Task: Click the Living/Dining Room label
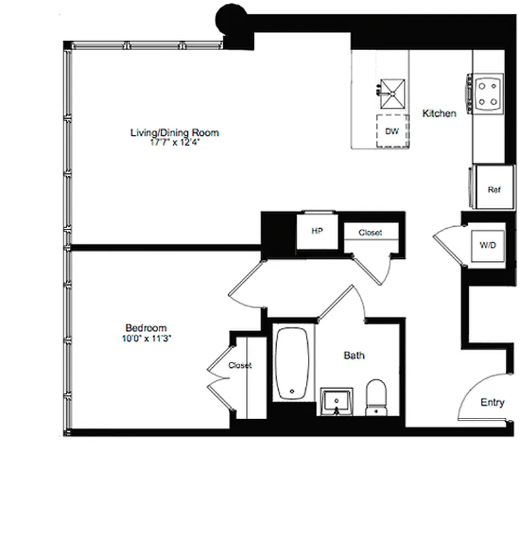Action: coord(174,132)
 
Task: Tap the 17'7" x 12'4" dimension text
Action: coord(174,142)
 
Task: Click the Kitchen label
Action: coord(439,113)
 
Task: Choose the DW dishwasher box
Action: coord(392,132)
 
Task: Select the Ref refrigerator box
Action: coord(493,190)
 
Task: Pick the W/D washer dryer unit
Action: coord(487,245)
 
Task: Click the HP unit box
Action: coord(317,232)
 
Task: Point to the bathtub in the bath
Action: coord(292,364)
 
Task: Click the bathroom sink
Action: coord(337,402)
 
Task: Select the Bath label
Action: coord(354,355)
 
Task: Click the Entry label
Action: coord(492,402)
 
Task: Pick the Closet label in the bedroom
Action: coord(240,365)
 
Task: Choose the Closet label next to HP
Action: coord(369,233)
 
